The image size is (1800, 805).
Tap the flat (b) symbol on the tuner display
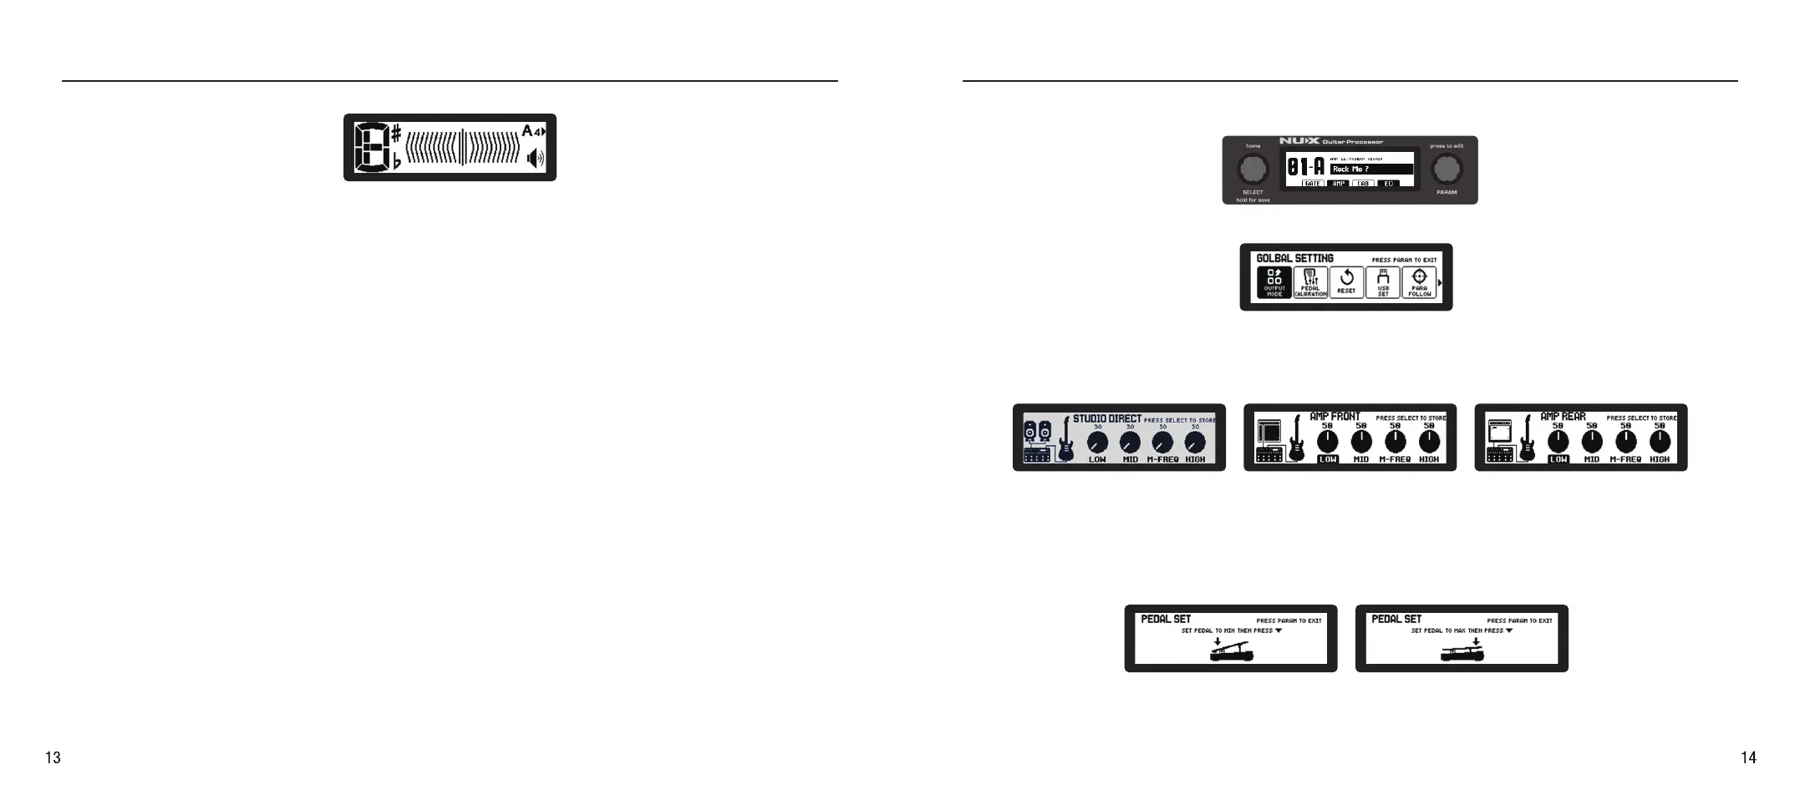click(396, 161)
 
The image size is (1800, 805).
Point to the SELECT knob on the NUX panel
click(1252, 170)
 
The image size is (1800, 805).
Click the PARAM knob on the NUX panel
click(1446, 170)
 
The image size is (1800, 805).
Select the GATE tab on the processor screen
click(1313, 184)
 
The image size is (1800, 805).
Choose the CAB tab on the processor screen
click(1363, 184)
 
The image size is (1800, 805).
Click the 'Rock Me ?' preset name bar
click(1371, 170)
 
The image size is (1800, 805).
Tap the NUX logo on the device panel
click(1299, 141)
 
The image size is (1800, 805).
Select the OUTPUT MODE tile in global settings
click(1274, 282)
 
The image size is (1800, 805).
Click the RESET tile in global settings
click(1346, 282)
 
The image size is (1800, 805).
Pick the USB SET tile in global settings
click(1383, 282)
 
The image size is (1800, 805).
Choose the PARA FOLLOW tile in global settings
click(1419, 282)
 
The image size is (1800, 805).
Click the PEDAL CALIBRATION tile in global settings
click(1310, 282)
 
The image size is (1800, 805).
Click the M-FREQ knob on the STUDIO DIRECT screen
click(1162, 442)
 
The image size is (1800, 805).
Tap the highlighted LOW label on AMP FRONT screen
click(1327, 459)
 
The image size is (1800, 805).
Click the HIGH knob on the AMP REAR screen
click(1660, 441)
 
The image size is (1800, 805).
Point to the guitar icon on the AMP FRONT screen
click(1296, 439)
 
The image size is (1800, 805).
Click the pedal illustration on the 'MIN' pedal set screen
click(1232, 652)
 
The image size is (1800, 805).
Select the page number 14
click(1748, 757)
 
